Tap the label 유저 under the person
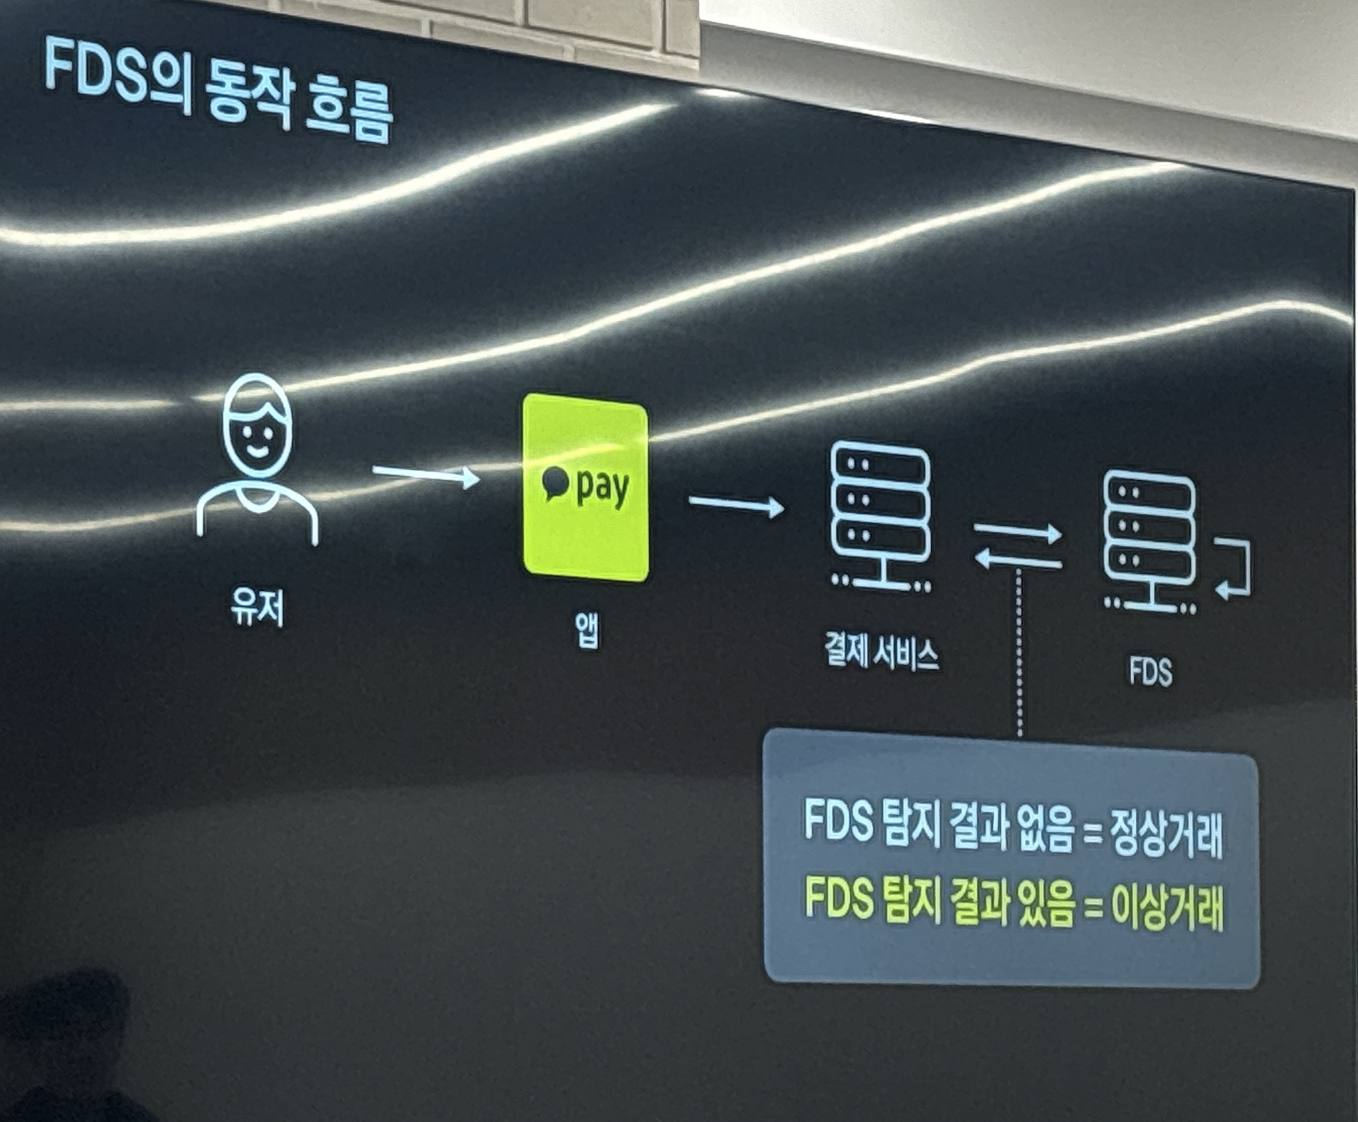pyautogui.click(x=256, y=607)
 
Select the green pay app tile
pyautogui.click(x=585, y=488)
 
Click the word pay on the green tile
pyautogui.click(x=602, y=487)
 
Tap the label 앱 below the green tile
pyautogui.click(x=587, y=631)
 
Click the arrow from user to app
pyautogui.click(x=425, y=474)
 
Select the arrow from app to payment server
pyautogui.click(x=736, y=504)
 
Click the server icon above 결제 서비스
pyautogui.click(x=880, y=515)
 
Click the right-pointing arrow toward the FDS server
pyautogui.click(x=1017, y=532)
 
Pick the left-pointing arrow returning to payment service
pyautogui.click(x=1017, y=561)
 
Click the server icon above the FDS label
pyautogui.click(x=1150, y=541)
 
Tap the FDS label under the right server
pyautogui.click(x=1151, y=672)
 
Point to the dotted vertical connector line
pyautogui.click(x=1020, y=654)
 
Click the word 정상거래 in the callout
pyautogui.click(x=1167, y=832)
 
